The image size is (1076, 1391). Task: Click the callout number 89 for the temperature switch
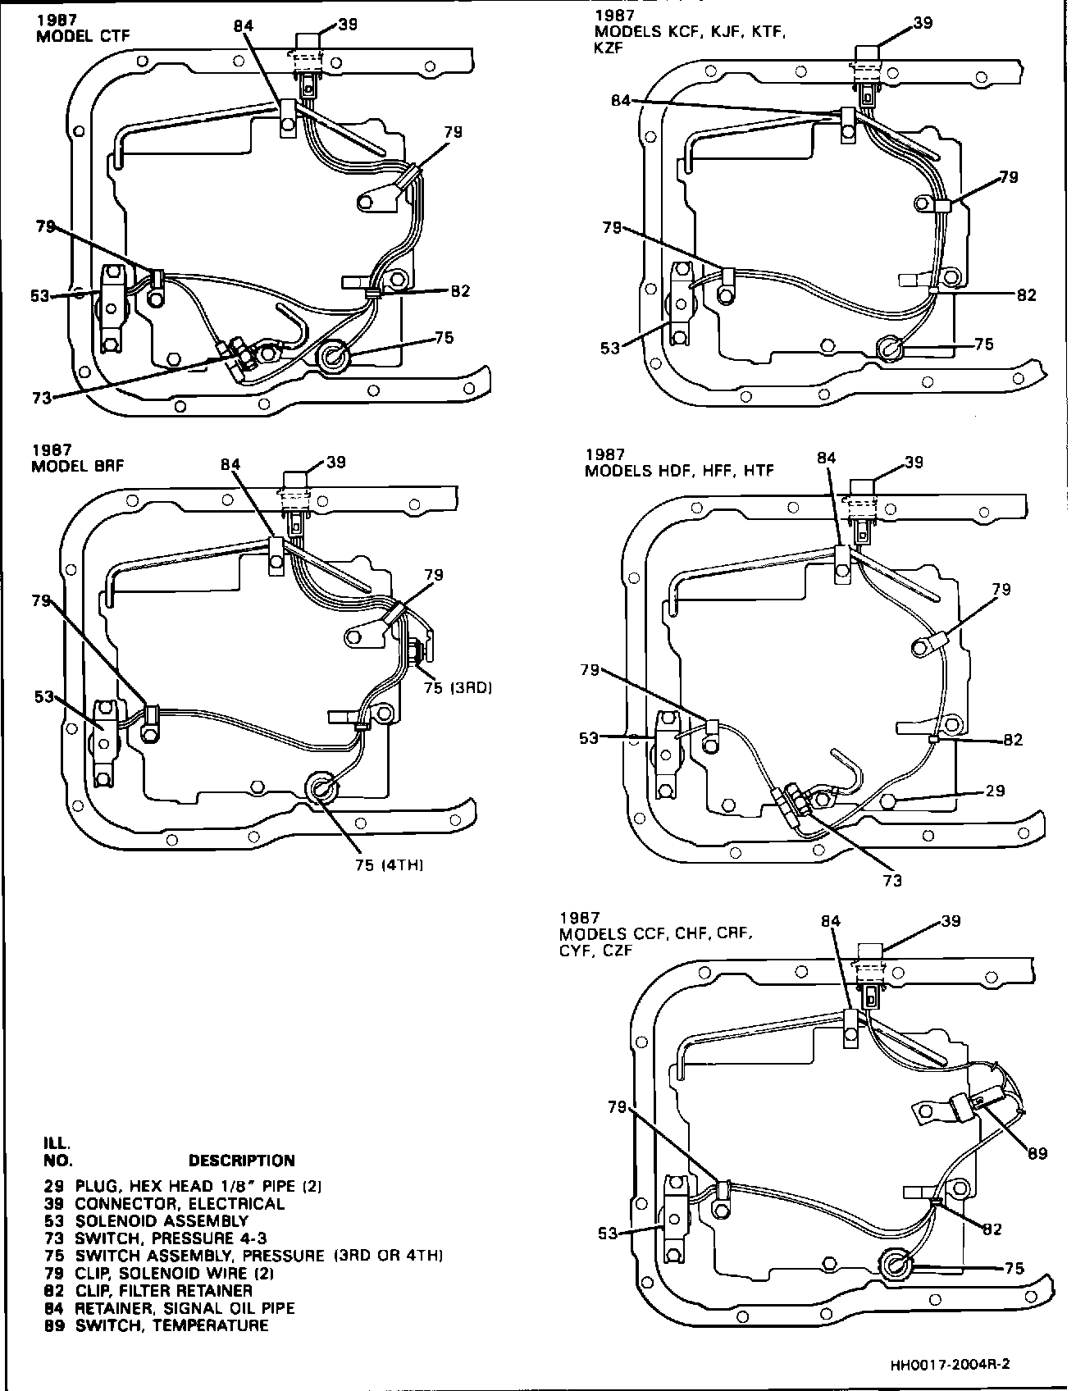[x=1037, y=1153]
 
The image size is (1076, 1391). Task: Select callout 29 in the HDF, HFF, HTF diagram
[x=994, y=791]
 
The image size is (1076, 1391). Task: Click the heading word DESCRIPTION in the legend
[x=241, y=1161]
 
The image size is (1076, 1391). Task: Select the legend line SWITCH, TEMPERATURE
[x=171, y=1325]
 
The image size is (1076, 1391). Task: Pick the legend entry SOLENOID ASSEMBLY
[x=161, y=1221]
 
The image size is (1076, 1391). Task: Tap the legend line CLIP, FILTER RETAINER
[x=164, y=1291]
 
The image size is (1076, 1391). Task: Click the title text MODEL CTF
[x=82, y=36]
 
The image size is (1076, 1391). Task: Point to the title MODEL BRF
[x=78, y=466]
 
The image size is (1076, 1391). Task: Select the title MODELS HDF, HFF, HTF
[x=679, y=471]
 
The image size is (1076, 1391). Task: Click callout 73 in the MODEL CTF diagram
[x=41, y=398]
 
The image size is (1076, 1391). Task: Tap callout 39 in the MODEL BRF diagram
[x=336, y=462]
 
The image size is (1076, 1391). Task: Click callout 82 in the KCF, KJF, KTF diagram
[x=1026, y=295]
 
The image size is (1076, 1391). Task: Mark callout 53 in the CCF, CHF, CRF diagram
[x=607, y=1234]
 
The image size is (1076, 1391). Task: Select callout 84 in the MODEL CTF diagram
[x=243, y=26]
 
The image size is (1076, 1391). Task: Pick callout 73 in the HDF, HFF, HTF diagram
[x=892, y=881]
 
